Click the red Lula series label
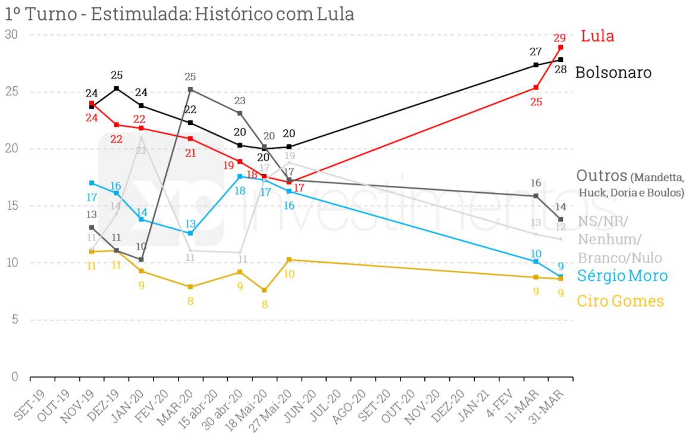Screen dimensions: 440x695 coord(597,36)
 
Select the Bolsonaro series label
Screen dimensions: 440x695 coord(613,73)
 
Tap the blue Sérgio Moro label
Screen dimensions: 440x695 coord(622,276)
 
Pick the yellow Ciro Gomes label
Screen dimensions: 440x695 coord(621,301)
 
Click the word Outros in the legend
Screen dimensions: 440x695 coord(602,176)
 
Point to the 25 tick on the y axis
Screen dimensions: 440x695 coord(12,92)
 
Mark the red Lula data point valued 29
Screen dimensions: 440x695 coord(561,47)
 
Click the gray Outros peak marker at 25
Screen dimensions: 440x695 coord(190,89)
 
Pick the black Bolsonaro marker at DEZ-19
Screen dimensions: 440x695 coord(116,88)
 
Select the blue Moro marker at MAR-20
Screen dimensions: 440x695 coord(190,233)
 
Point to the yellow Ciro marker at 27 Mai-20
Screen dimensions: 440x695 coord(289,260)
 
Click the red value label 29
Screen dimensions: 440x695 coord(560,36)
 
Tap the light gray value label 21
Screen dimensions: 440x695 coord(141,150)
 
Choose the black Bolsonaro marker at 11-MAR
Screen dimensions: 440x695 coord(536,65)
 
